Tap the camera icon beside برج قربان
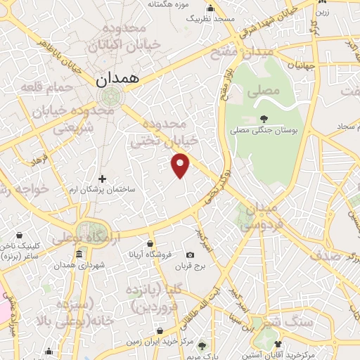coord(191,255)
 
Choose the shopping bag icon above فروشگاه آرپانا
coord(148,243)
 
